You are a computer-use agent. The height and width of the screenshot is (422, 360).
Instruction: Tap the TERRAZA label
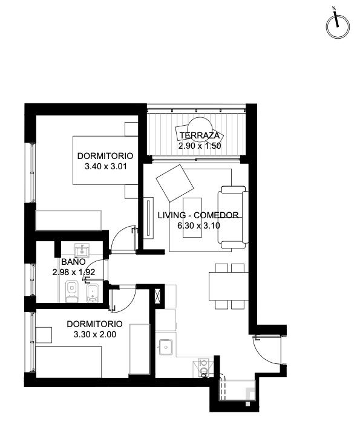200,135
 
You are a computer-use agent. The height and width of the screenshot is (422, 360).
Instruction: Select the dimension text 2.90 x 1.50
200,146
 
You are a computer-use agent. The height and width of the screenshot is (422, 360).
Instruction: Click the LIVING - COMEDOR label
198,215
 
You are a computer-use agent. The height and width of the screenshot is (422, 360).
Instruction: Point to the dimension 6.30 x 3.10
198,226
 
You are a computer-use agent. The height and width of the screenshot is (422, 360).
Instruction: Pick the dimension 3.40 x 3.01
105,166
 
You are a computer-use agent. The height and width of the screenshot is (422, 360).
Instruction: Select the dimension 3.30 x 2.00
95,334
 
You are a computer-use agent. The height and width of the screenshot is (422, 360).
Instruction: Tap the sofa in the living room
233,217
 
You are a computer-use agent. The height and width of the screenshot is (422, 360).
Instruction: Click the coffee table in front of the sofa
192,218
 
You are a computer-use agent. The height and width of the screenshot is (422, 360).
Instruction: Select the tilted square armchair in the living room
175,183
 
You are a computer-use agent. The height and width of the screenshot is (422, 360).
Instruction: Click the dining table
229,286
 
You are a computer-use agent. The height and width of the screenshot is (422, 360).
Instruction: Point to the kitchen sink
166,347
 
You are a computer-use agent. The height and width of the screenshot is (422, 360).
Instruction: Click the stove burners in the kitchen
203,368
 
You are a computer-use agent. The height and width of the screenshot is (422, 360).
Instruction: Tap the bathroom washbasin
82,250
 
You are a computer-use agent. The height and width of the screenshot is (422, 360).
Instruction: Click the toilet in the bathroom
71,291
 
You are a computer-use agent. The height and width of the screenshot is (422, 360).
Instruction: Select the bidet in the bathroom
93,293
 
